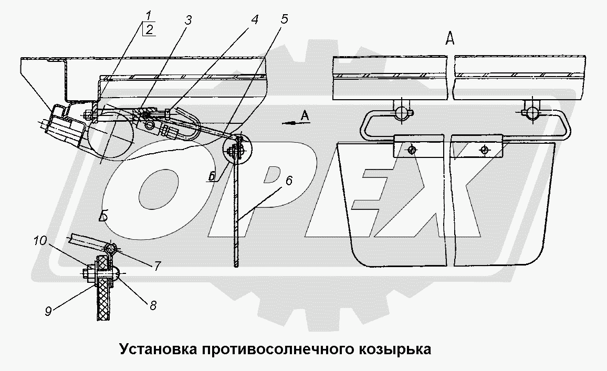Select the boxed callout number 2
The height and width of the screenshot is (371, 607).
tap(149, 29)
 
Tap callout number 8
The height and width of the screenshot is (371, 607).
tap(153, 304)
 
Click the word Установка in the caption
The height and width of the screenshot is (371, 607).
tap(157, 349)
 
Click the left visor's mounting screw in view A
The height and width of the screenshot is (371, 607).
tap(412, 150)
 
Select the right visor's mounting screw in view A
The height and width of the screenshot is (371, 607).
tap(484, 150)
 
